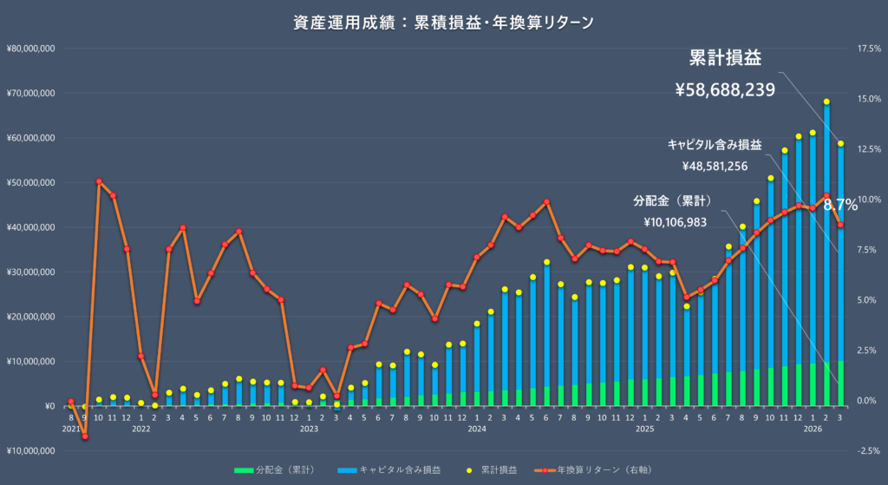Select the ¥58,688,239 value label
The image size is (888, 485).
(x=724, y=88)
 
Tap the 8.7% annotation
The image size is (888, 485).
(x=840, y=206)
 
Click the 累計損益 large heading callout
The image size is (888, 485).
(x=724, y=58)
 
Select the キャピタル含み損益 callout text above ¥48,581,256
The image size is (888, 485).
(x=715, y=144)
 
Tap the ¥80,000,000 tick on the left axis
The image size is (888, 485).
(x=30, y=49)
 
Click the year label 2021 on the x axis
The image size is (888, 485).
(x=70, y=428)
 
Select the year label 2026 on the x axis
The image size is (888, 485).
(x=813, y=428)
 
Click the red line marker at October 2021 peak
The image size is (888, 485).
(x=99, y=182)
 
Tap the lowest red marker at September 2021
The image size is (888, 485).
(x=85, y=436)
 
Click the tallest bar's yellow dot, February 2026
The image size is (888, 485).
(x=826, y=102)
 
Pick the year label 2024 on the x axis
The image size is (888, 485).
(x=476, y=428)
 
